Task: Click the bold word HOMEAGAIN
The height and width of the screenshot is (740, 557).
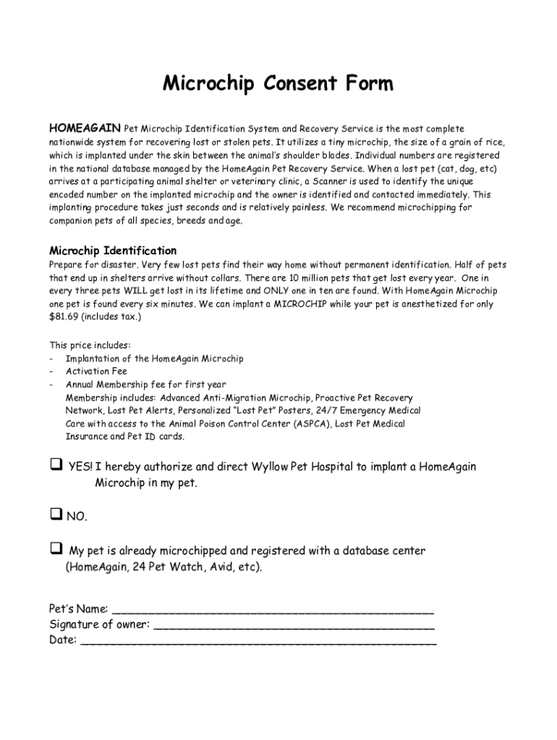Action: point(85,129)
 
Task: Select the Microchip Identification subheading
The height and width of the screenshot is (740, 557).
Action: point(113,251)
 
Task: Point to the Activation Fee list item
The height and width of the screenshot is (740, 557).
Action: point(96,371)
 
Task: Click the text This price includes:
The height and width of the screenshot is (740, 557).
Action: point(90,345)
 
